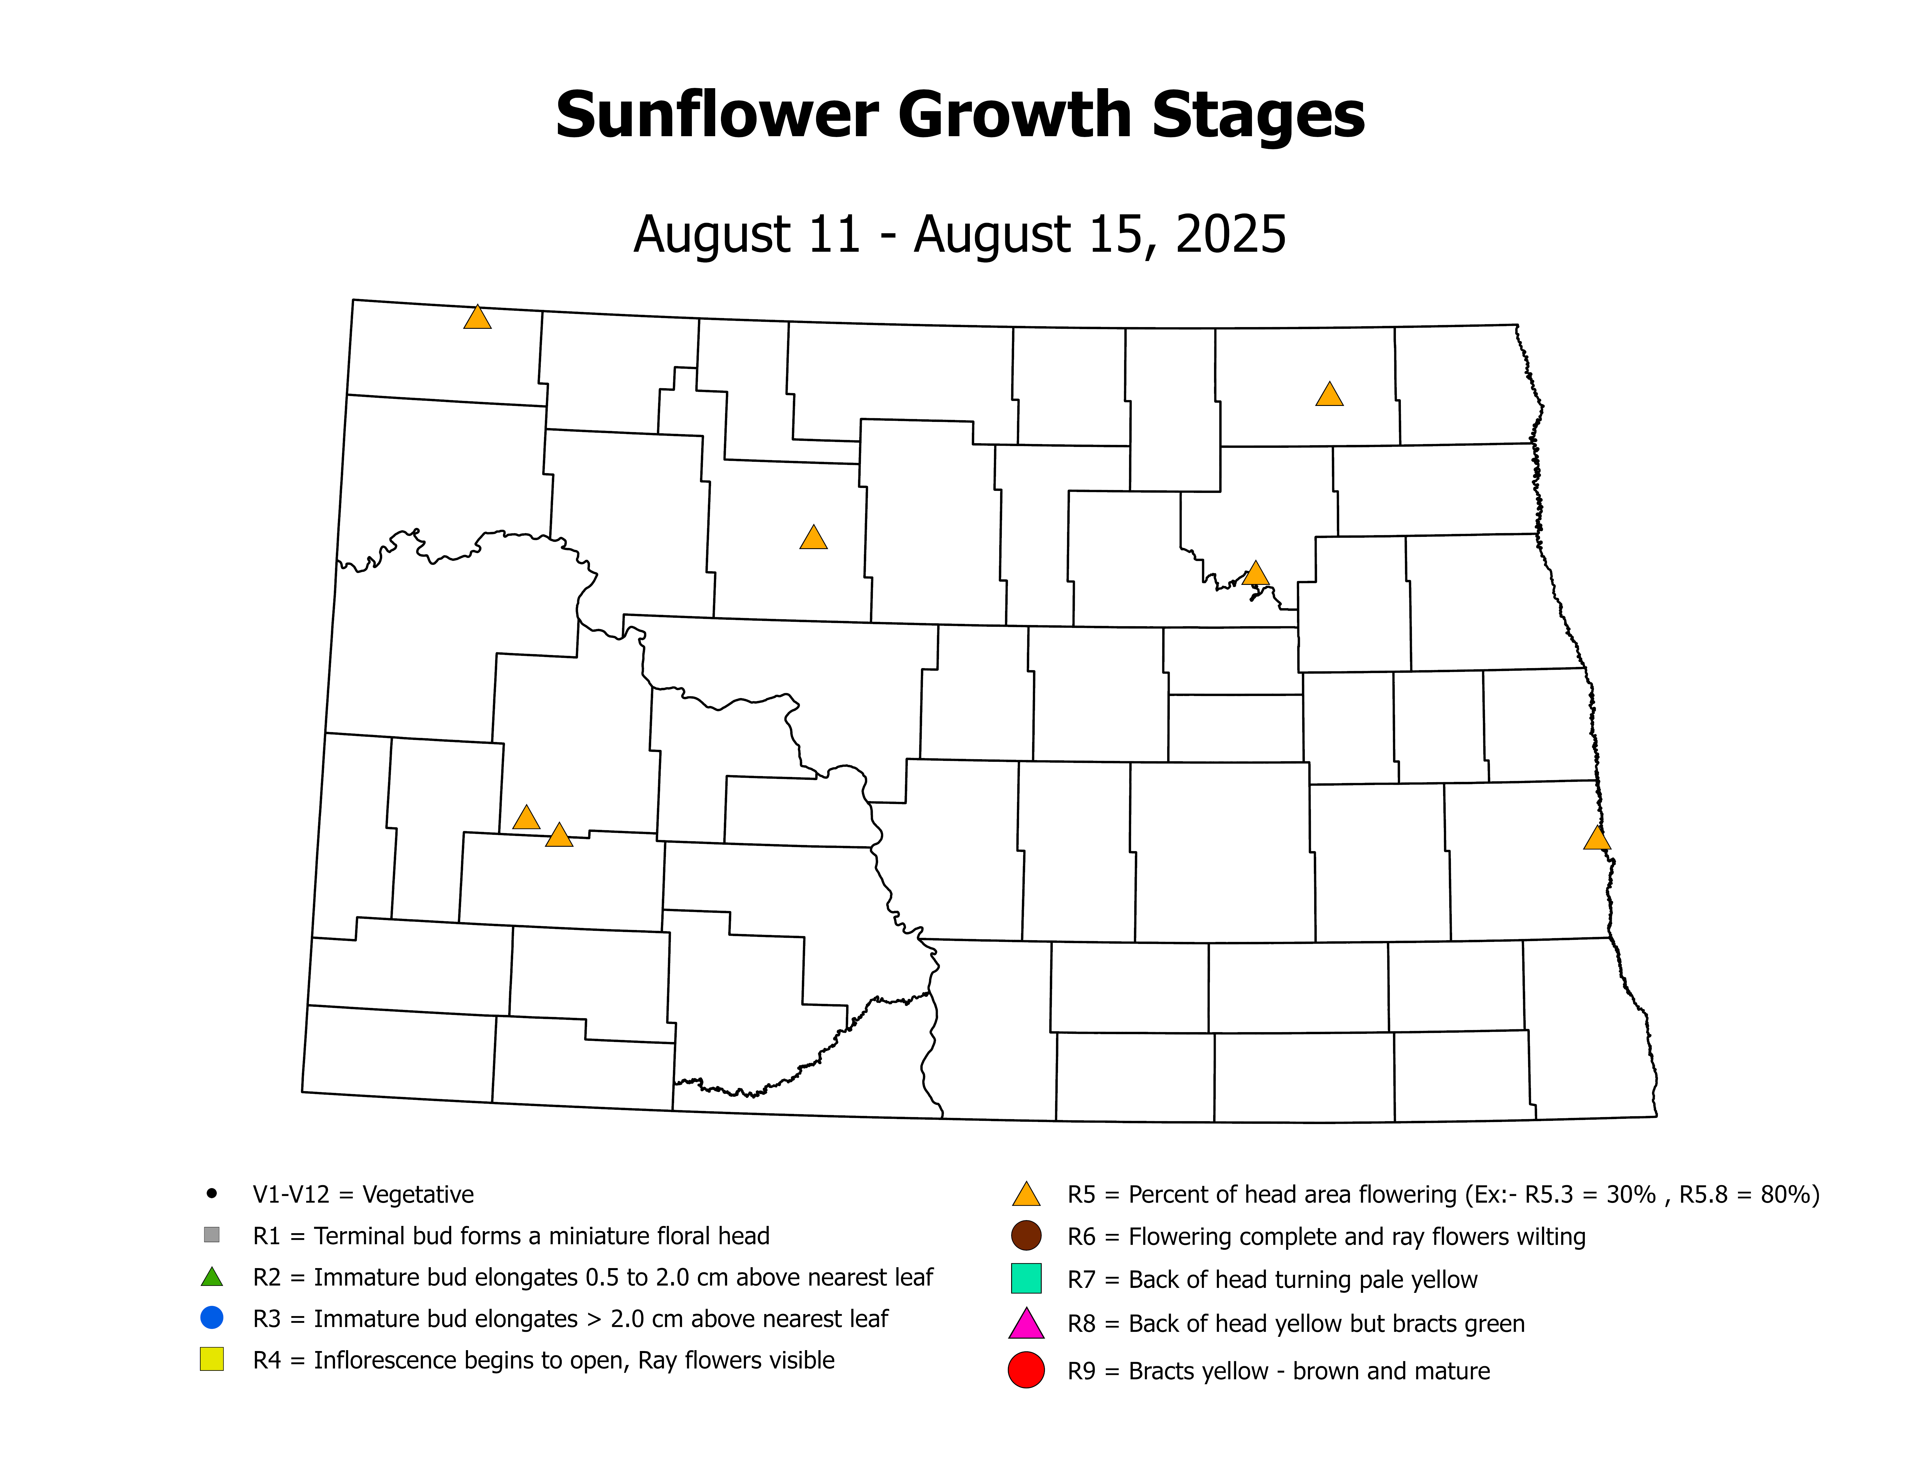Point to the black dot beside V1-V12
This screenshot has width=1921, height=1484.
211,1194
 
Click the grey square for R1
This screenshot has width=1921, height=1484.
211,1234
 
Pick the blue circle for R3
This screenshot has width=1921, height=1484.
211,1318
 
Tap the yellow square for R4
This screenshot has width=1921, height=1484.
211,1359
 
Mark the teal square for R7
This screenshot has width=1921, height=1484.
1026,1278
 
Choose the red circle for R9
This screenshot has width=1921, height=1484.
1026,1371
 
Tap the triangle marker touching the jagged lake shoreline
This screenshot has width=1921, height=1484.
1255,574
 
